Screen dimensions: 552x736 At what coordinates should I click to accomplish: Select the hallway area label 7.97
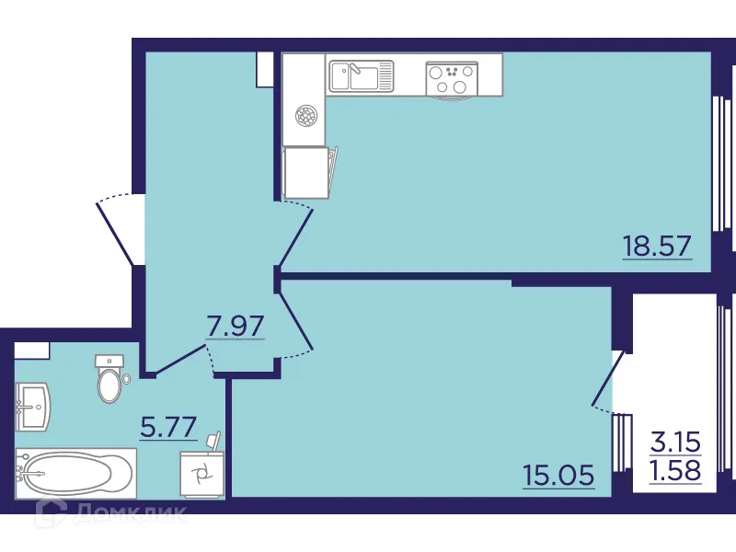(x=236, y=326)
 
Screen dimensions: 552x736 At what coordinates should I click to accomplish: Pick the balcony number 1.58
(x=676, y=471)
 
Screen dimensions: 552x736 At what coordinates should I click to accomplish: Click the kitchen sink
(x=361, y=75)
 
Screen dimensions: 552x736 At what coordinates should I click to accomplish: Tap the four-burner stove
(x=450, y=76)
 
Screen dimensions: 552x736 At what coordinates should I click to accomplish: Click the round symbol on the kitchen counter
(x=305, y=117)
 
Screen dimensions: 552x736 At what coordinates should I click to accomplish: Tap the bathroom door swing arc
(x=213, y=361)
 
